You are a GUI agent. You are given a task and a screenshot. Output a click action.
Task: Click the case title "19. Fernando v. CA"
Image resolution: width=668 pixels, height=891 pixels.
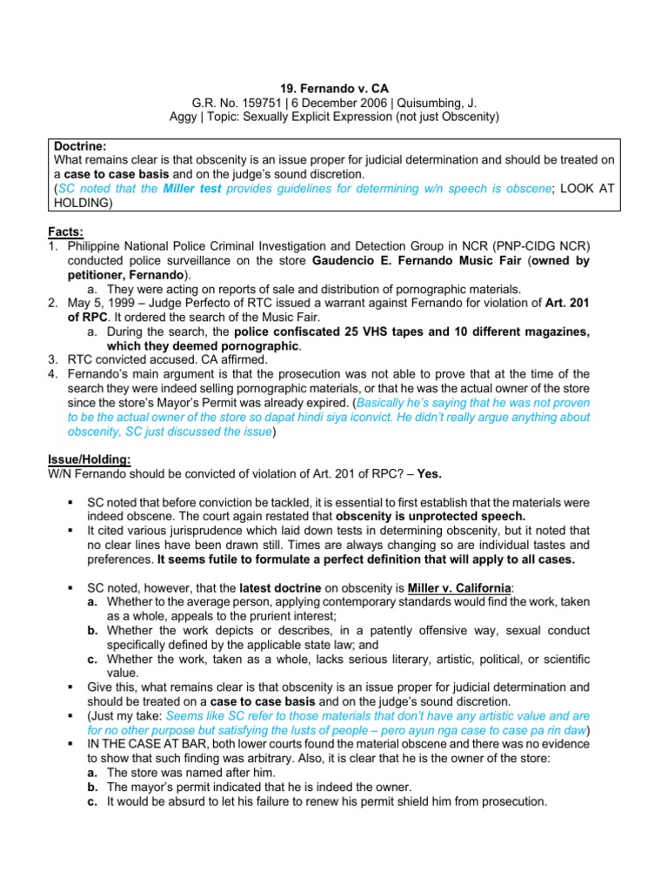coord(334,88)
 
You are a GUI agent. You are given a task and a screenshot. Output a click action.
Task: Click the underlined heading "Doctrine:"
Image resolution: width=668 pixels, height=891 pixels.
coord(80,146)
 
